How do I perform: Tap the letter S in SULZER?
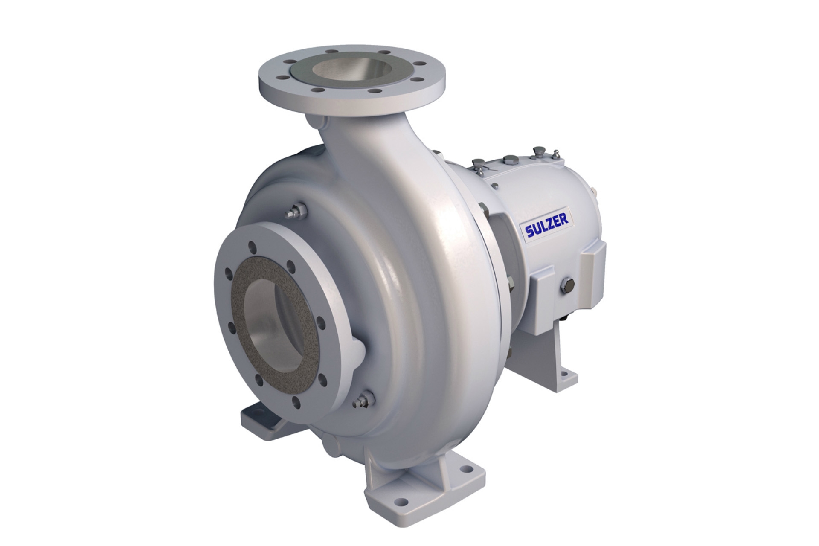tap(530, 232)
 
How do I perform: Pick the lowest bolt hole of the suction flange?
tap(296, 401)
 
